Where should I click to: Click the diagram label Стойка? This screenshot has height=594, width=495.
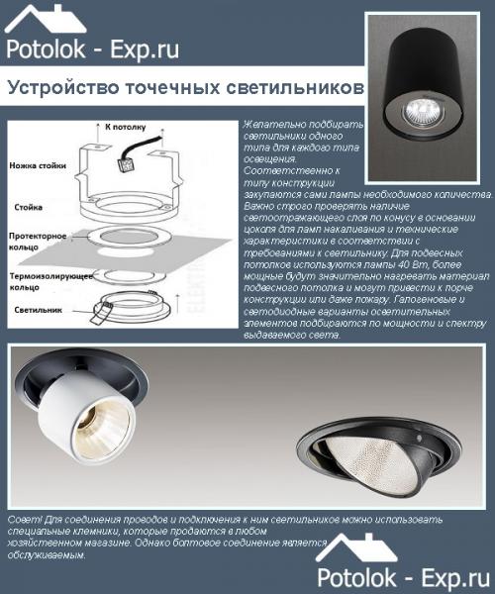(29, 207)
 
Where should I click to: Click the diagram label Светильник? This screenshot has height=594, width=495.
(40, 310)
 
